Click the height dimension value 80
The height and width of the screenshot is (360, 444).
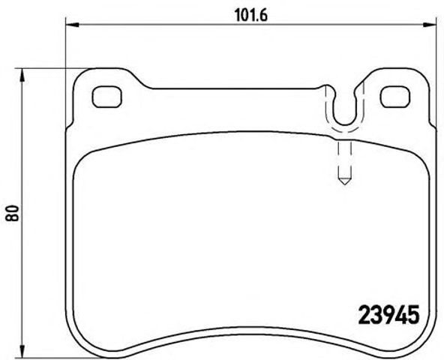tap(11, 213)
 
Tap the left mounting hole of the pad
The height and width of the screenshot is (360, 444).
tap(106, 96)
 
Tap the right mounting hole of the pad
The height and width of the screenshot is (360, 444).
tap(392, 96)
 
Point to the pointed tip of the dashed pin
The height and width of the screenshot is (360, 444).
tap(343, 183)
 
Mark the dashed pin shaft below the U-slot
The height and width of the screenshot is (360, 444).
tap(343, 157)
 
